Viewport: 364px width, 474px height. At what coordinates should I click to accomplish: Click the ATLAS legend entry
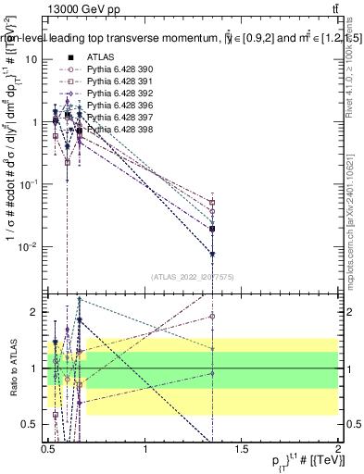(x=102, y=57)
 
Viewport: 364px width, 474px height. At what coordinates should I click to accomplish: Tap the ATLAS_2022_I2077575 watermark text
(x=193, y=276)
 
